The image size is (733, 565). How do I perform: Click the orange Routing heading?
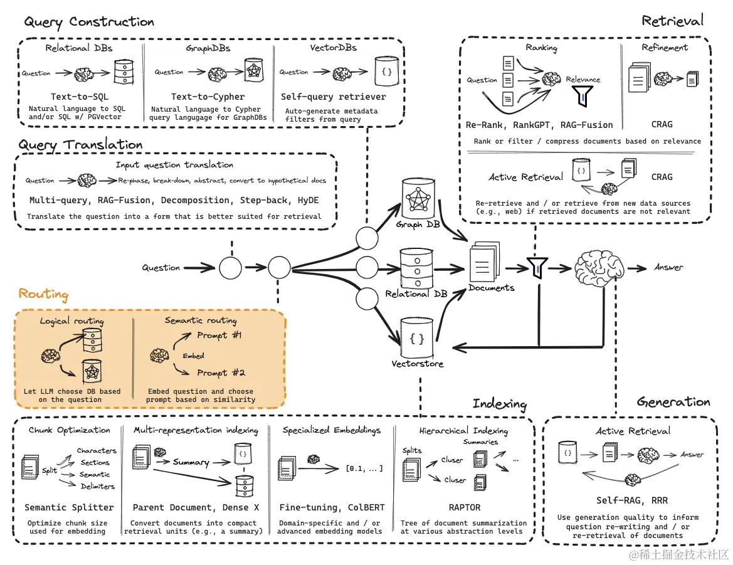(x=43, y=294)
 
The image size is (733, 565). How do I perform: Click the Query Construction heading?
(x=89, y=22)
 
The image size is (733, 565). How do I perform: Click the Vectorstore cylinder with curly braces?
(x=417, y=339)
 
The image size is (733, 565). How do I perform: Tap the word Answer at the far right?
(x=668, y=267)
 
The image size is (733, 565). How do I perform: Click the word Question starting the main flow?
(x=161, y=268)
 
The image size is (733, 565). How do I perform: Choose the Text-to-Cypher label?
(x=208, y=97)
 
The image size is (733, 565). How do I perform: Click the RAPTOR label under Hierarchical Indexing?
(x=464, y=507)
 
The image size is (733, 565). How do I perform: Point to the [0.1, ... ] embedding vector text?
(x=364, y=468)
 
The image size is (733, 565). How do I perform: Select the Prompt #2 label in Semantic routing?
(x=221, y=372)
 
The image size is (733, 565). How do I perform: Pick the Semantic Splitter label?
(x=69, y=507)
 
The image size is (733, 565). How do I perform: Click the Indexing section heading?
(x=499, y=403)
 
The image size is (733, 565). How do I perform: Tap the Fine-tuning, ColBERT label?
(x=332, y=507)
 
